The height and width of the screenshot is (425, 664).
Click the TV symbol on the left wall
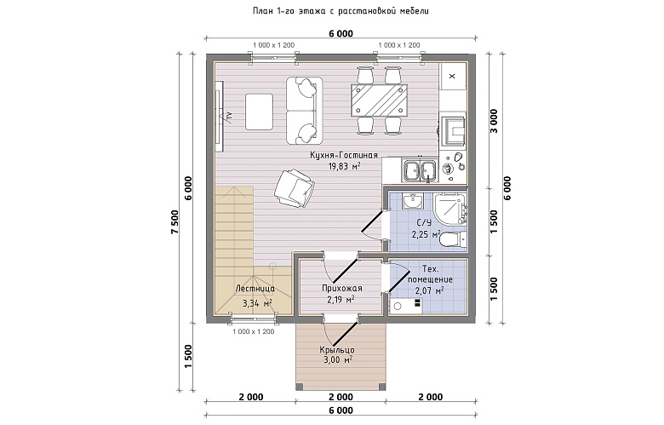(227, 115)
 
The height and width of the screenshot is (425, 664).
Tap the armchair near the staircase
(295, 187)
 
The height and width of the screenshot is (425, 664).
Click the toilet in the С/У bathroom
(452, 239)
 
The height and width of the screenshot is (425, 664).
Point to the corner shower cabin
(450, 210)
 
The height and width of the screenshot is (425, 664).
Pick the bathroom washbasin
(413, 201)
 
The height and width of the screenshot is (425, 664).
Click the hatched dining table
(379, 100)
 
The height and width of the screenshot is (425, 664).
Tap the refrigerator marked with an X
(452, 77)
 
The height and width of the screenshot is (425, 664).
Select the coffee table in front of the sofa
(259, 112)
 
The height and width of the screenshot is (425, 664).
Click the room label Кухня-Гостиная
(343, 156)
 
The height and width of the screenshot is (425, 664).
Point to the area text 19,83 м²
(344, 166)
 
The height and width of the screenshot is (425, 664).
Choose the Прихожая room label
(341, 289)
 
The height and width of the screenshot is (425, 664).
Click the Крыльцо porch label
(337, 350)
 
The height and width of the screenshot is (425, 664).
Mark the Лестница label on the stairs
(255, 289)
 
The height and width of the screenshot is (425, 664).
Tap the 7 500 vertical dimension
(176, 221)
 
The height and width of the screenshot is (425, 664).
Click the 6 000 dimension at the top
(341, 33)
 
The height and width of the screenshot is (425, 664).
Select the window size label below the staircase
(253, 332)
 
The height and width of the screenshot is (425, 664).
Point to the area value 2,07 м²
(429, 290)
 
